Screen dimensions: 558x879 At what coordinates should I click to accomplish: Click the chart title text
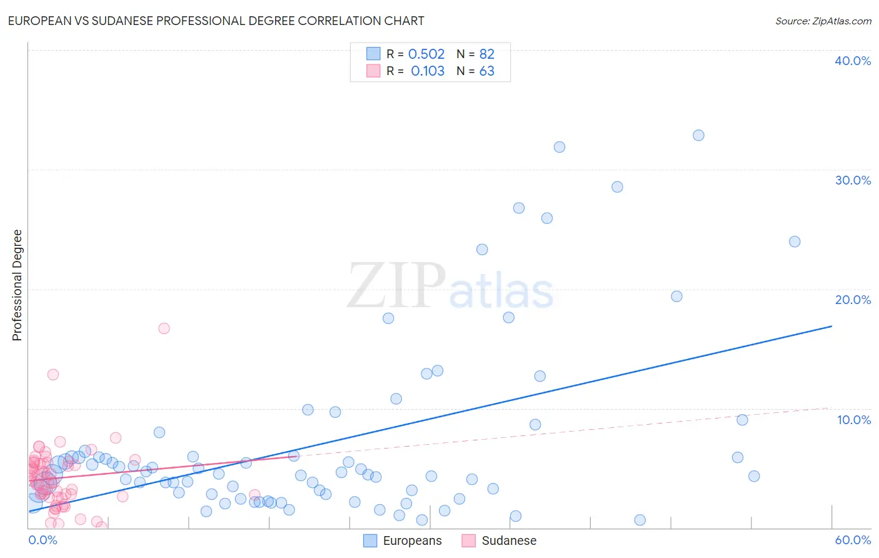tap(216, 21)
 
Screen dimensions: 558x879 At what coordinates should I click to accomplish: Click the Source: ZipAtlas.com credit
tap(823, 21)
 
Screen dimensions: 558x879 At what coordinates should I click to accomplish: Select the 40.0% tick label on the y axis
tap(852, 61)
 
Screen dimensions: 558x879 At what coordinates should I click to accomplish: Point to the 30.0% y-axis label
tap(852, 180)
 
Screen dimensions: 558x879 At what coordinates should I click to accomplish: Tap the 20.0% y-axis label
tap(852, 300)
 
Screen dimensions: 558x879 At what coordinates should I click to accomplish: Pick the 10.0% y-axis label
tap(853, 420)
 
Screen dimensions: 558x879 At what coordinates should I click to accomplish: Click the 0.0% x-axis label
tap(43, 540)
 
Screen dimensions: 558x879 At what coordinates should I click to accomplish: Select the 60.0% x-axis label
tap(852, 540)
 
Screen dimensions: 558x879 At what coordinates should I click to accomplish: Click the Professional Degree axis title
tap(17, 285)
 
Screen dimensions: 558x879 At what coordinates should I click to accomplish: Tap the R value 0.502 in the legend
tap(426, 54)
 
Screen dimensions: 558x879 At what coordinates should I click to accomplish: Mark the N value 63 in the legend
tap(486, 71)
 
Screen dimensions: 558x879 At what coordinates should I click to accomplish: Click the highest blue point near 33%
tap(698, 135)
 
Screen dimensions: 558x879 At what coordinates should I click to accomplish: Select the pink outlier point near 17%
tap(164, 328)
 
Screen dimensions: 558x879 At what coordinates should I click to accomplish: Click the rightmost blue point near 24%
tap(795, 241)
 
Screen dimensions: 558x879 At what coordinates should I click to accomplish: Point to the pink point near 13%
tap(53, 375)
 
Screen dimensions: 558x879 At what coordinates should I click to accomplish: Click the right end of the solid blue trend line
tap(831, 326)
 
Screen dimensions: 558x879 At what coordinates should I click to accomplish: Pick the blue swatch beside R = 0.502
tap(373, 54)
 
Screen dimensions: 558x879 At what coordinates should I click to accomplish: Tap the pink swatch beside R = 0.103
tap(373, 71)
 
